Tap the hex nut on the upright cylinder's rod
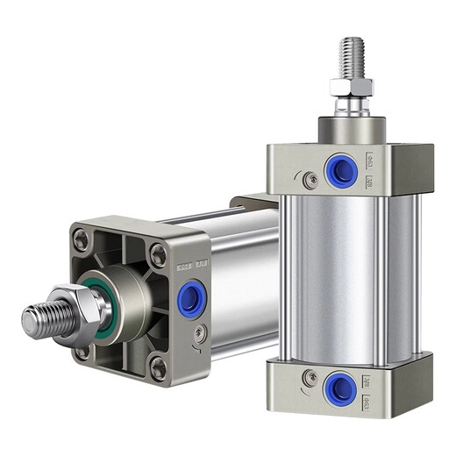click(352, 87)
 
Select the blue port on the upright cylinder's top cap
click(340, 170)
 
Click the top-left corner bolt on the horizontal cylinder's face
click(82, 238)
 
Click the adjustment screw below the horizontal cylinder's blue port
click(202, 331)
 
